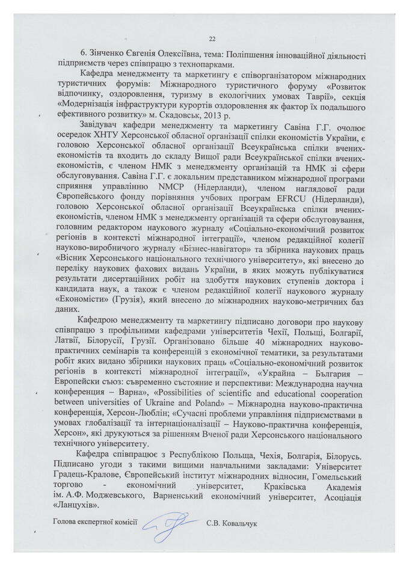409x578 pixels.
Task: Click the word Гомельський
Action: tap(337, 476)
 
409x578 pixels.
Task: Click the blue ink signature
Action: tap(167, 527)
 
